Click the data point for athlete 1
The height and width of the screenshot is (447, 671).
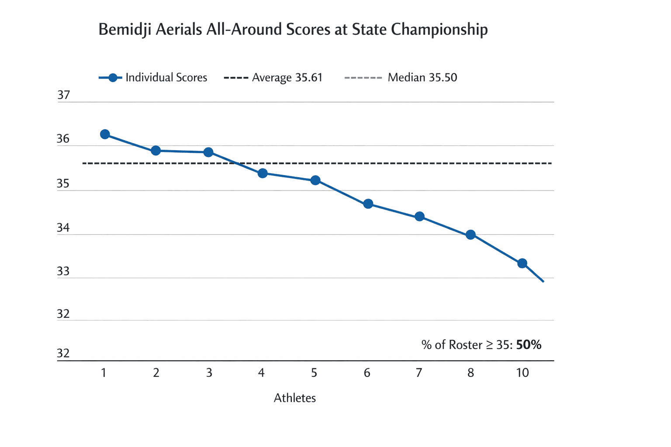coord(105,134)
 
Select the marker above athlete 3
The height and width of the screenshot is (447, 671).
coord(208,152)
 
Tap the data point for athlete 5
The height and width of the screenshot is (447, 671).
coord(315,180)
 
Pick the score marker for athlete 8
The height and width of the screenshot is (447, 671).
coord(470,235)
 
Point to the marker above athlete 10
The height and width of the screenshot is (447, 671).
coord(522,263)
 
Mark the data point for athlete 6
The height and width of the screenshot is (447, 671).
coord(368,204)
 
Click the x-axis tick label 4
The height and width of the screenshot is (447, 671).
coord(261,373)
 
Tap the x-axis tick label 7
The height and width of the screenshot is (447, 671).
coord(419,373)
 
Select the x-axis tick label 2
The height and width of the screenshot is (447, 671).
coord(156,373)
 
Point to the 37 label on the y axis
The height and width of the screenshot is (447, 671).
coord(64,95)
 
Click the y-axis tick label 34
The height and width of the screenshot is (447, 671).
coord(63,228)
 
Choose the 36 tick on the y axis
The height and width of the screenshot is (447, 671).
coord(63,139)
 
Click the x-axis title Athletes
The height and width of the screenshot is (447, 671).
coord(294,398)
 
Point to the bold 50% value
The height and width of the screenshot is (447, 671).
coord(529,345)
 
